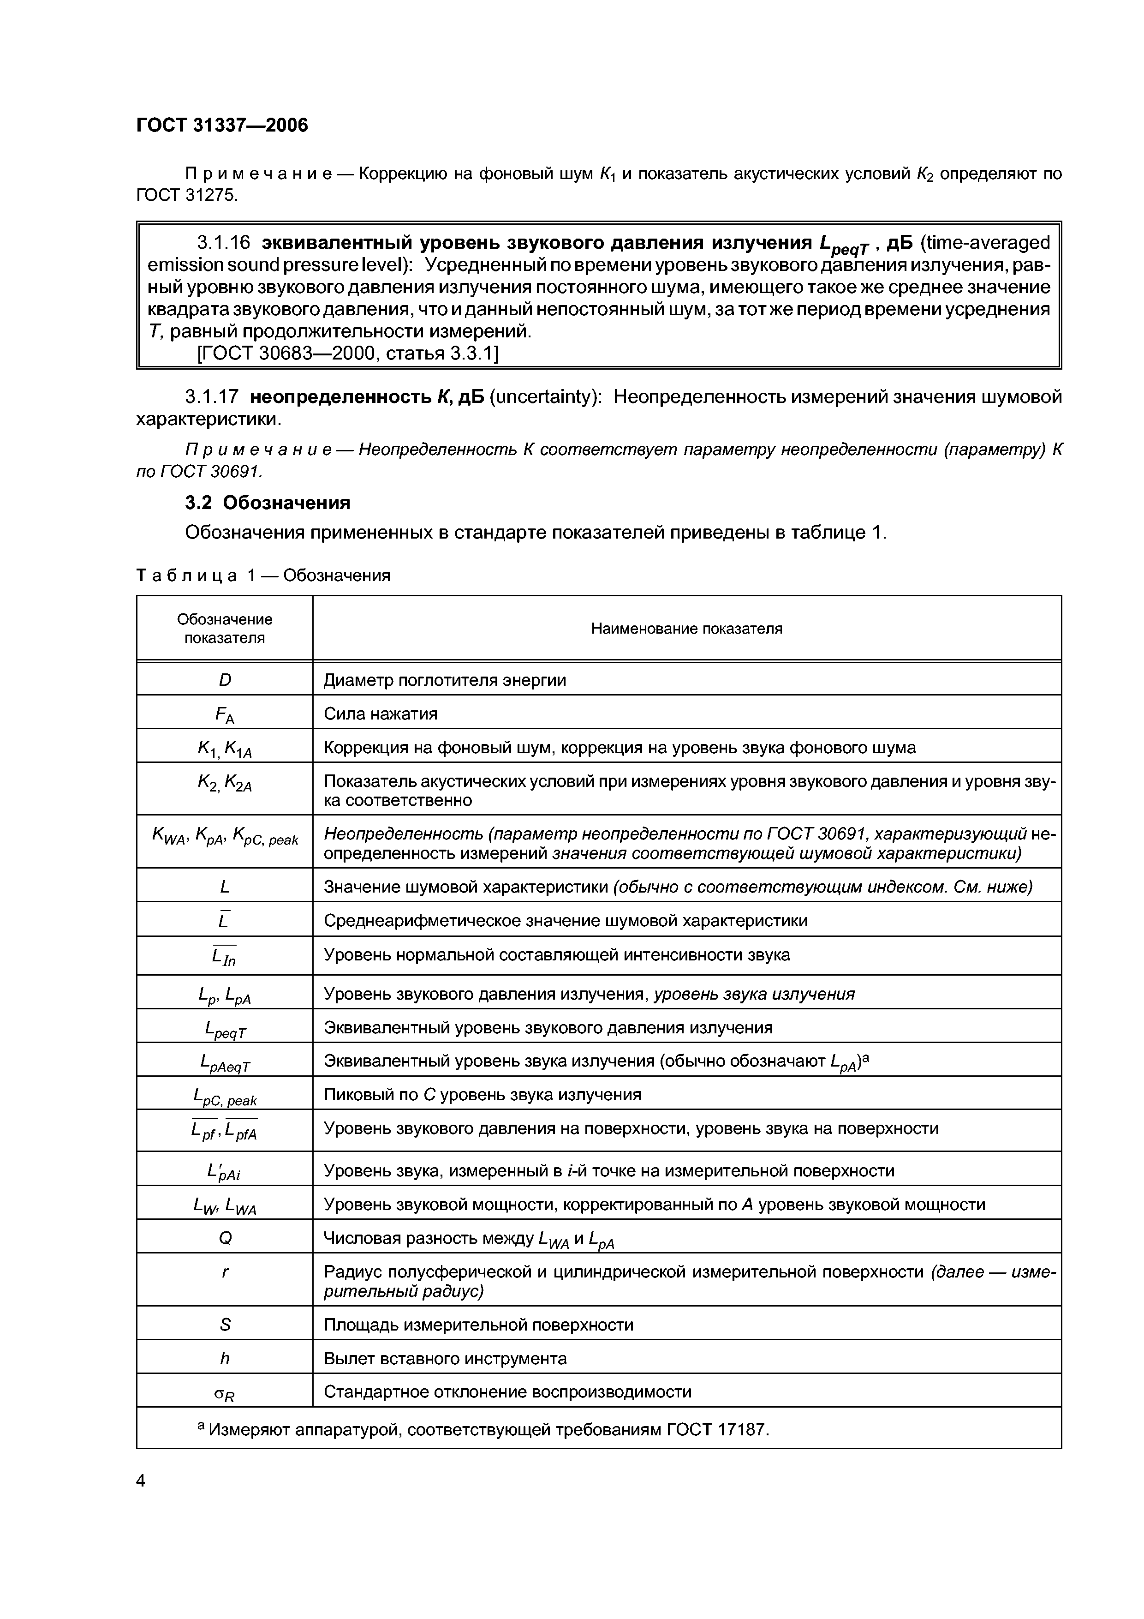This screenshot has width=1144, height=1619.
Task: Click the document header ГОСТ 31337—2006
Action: [x=222, y=126]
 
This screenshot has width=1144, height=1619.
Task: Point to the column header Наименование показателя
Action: [x=686, y=628]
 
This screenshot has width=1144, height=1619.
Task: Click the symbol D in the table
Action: [x=225, y=680]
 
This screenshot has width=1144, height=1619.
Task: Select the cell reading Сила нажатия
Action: [x=381, y=714]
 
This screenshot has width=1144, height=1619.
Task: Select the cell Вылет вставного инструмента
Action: [x=445, y=1358]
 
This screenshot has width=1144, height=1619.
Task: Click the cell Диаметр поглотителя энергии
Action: [x=445, y=680]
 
